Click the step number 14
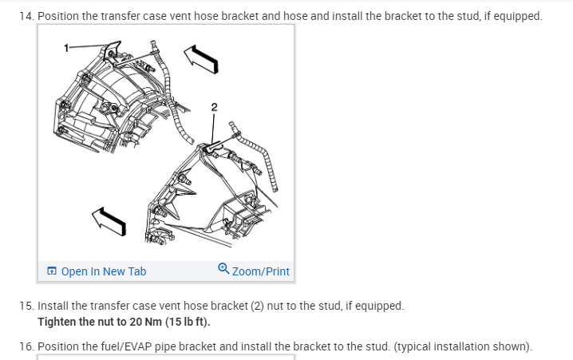[x=28, y=16]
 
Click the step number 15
[x=28, y=306]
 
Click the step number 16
[x=28, y=346]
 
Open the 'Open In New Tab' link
[x=103, y=271]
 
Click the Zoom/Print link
[x=261, y=271]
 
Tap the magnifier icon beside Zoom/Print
[x=223, y=271]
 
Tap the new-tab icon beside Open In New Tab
[x=52, y=271]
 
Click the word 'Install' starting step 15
[x=53, y=306]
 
